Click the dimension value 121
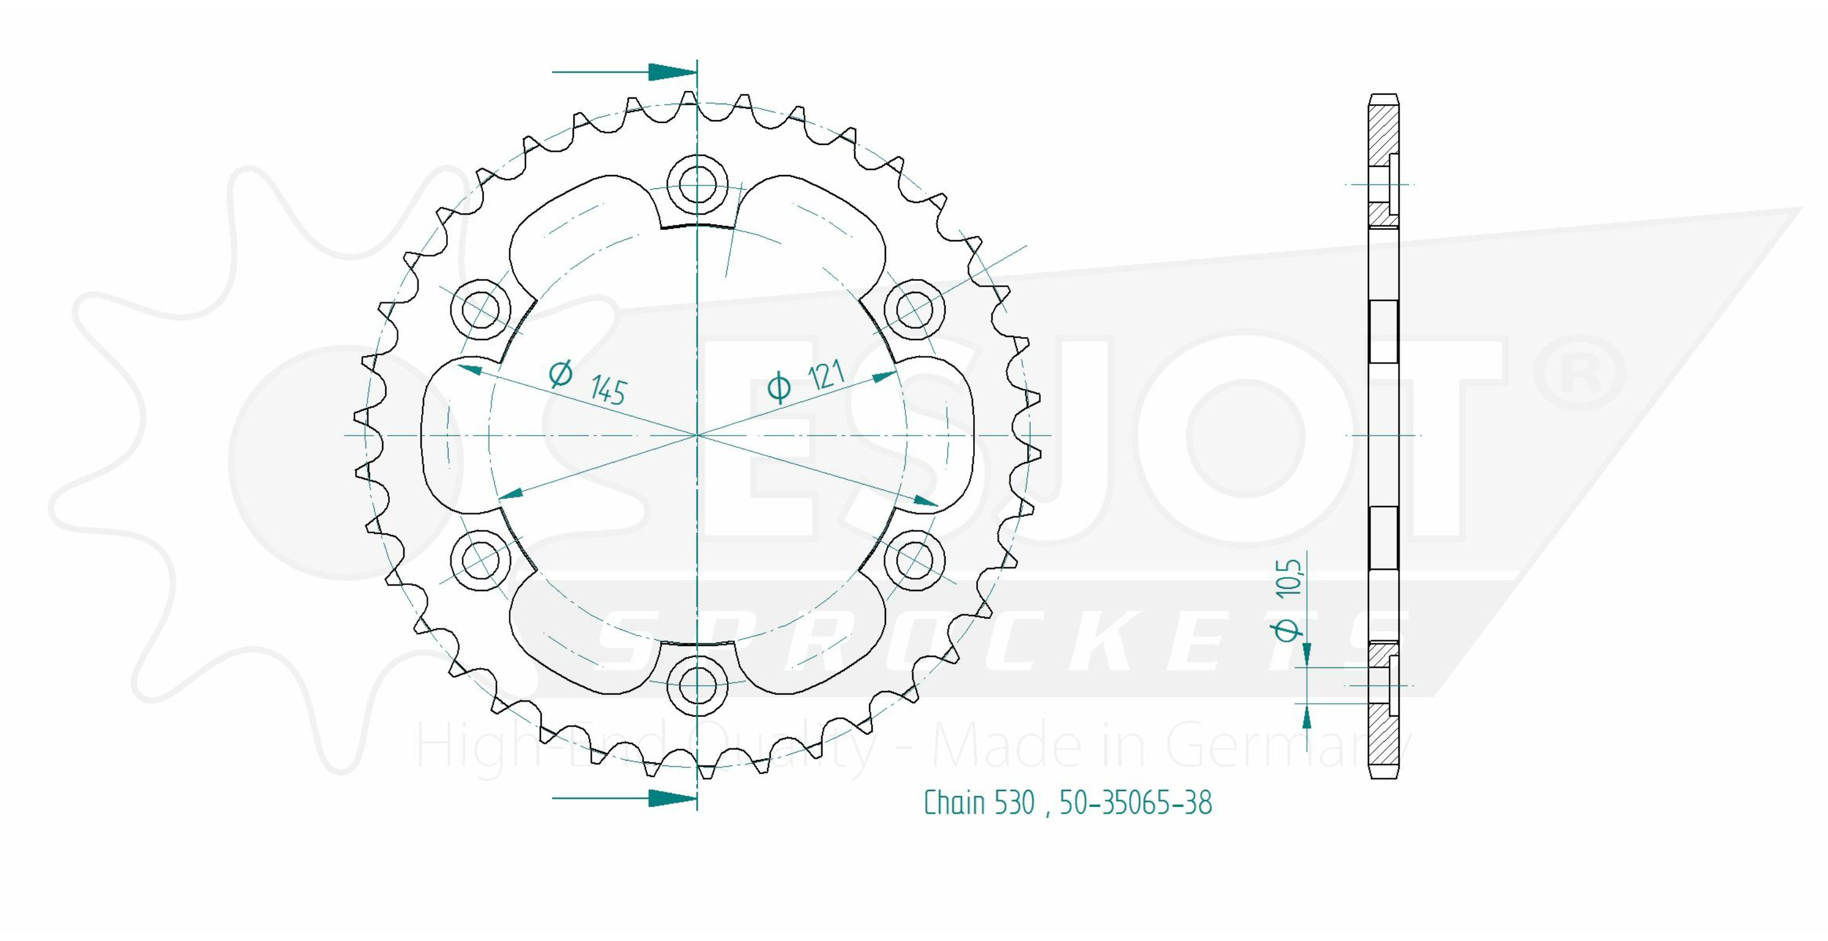(825, 375)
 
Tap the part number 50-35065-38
(1135, 803)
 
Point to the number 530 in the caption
(1014, 803)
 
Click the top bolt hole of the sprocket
(698, 185)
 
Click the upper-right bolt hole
(915, 310)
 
